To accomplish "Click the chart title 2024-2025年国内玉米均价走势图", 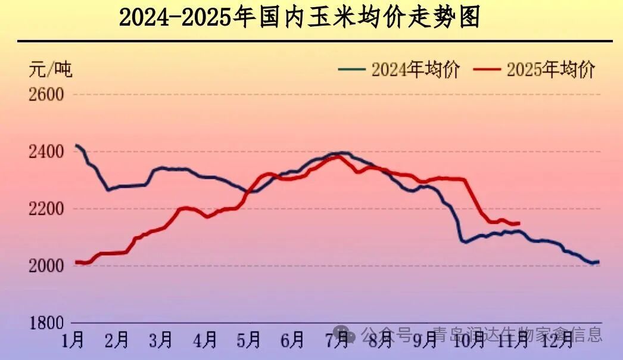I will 299,18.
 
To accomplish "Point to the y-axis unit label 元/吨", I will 50,70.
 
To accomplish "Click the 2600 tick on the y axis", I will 46,94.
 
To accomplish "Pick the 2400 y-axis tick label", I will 46,152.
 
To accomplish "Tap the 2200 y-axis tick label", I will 46,209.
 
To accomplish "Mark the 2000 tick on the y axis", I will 46,266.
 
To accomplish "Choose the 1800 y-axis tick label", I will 46,323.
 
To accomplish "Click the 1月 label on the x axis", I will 73,340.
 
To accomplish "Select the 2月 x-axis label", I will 117,340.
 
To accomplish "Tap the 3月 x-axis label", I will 161,340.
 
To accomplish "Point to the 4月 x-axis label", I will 205,340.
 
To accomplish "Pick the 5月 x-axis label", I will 249,340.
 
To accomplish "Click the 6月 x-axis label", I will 293,340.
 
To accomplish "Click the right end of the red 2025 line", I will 519,224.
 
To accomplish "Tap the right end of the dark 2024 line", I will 598,262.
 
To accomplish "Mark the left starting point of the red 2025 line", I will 76,262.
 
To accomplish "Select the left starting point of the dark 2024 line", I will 76,145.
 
